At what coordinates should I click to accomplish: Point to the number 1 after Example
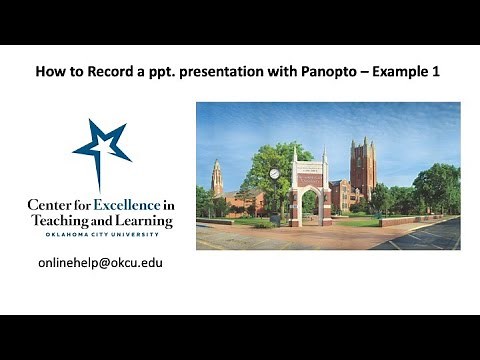439,72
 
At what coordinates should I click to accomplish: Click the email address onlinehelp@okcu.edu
100,263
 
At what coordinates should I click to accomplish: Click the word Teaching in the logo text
64,220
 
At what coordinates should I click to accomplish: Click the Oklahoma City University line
100,235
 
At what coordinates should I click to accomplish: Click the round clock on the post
274,174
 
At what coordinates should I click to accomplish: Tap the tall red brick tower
362,165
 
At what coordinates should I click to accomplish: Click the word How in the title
48,72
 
